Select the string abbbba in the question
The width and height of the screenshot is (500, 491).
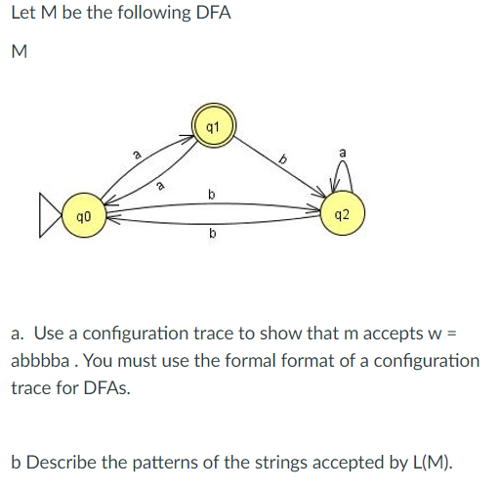click(42, 360)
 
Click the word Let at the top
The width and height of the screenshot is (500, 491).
click(23, 16)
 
